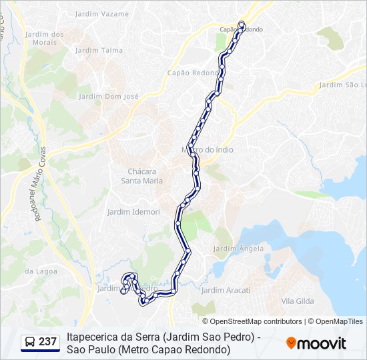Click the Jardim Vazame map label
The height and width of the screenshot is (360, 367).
pyautogui.click(x=102, y=14)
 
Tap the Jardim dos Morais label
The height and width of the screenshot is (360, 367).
pyautogui.click(x=44, y=38)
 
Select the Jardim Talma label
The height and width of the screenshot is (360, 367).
pyautogui.click(x=103, y=50)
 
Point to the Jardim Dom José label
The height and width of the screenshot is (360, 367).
pyautogui.click(x=109, y=96)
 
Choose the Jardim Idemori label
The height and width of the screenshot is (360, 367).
pyautogui.click(x=133, y=212)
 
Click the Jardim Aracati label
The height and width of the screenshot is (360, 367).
pyautogui.click(x=226, y=290)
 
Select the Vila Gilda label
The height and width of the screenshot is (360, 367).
pyautogui.click(x=297, y=301)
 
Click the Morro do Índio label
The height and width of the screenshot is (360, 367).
pyautogui.click(x=208, y=150)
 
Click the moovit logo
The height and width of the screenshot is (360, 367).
pyautogui.click(x=316, y=343)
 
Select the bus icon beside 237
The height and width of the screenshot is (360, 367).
pyautogui.click(x=29, y=342)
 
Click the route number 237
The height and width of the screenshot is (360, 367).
pyautogui.click(x=47, y=342)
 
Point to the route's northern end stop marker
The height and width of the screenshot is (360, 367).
pyautogui.click(x=242, y=25)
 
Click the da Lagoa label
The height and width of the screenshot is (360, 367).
pyautogui.click(x=38, y=271)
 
